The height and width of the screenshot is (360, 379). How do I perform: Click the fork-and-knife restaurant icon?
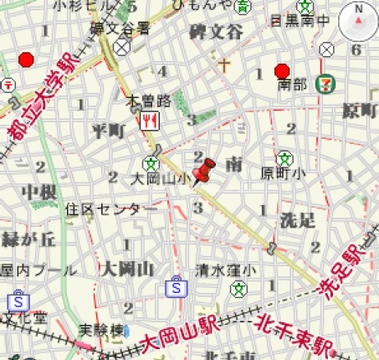coord(151,120)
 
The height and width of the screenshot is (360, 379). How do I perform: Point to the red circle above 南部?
coord(282,70)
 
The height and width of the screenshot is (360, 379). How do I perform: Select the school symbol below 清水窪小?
coord(240,287)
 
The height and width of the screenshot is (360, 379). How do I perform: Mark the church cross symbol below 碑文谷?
coord(223,63)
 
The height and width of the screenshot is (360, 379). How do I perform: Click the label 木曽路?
coord(148,101)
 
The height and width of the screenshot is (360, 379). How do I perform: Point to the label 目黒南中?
coord(300,18)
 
